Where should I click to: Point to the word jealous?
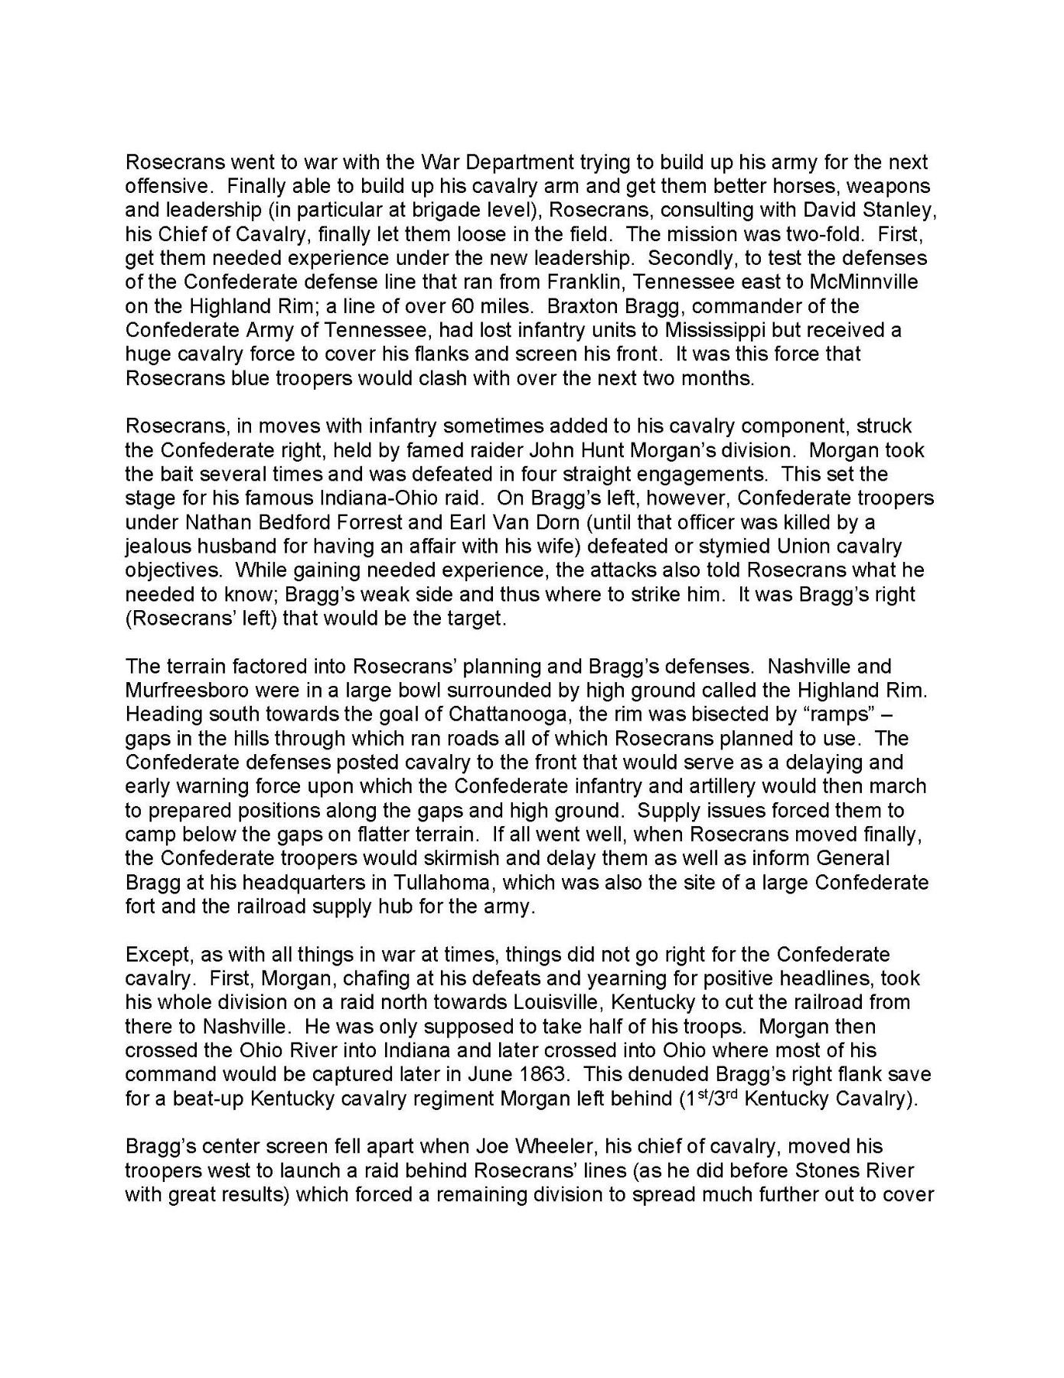160,546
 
